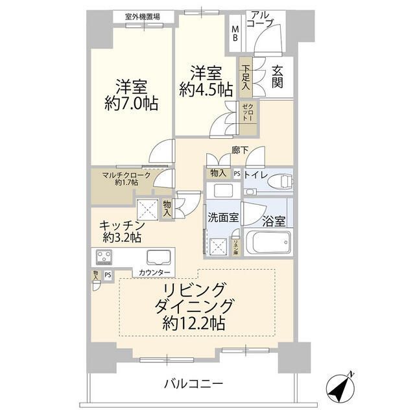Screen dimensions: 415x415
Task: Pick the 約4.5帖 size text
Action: (206, 90)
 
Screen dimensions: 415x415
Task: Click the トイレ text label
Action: (254, 174)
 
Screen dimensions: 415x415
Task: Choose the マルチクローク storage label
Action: (126, 175)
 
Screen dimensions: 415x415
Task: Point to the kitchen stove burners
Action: (106, 257)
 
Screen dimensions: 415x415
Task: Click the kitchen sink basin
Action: (158, 256)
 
